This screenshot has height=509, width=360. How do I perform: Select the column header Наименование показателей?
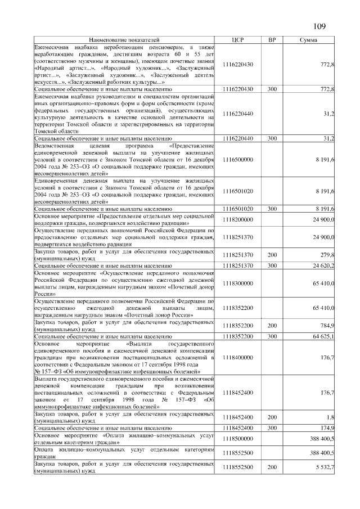124,41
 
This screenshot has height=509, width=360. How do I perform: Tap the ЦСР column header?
237,41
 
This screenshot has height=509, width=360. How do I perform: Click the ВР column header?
272,41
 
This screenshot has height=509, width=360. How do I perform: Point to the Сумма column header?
308,41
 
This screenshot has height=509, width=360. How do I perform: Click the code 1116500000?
237,160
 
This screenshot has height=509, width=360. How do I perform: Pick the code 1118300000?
237,284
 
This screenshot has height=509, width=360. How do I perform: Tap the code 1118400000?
237,356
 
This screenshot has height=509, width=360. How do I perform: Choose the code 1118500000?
237,436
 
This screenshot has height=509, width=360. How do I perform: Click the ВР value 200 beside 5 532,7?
272,467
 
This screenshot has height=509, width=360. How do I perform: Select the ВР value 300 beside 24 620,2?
272,264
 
